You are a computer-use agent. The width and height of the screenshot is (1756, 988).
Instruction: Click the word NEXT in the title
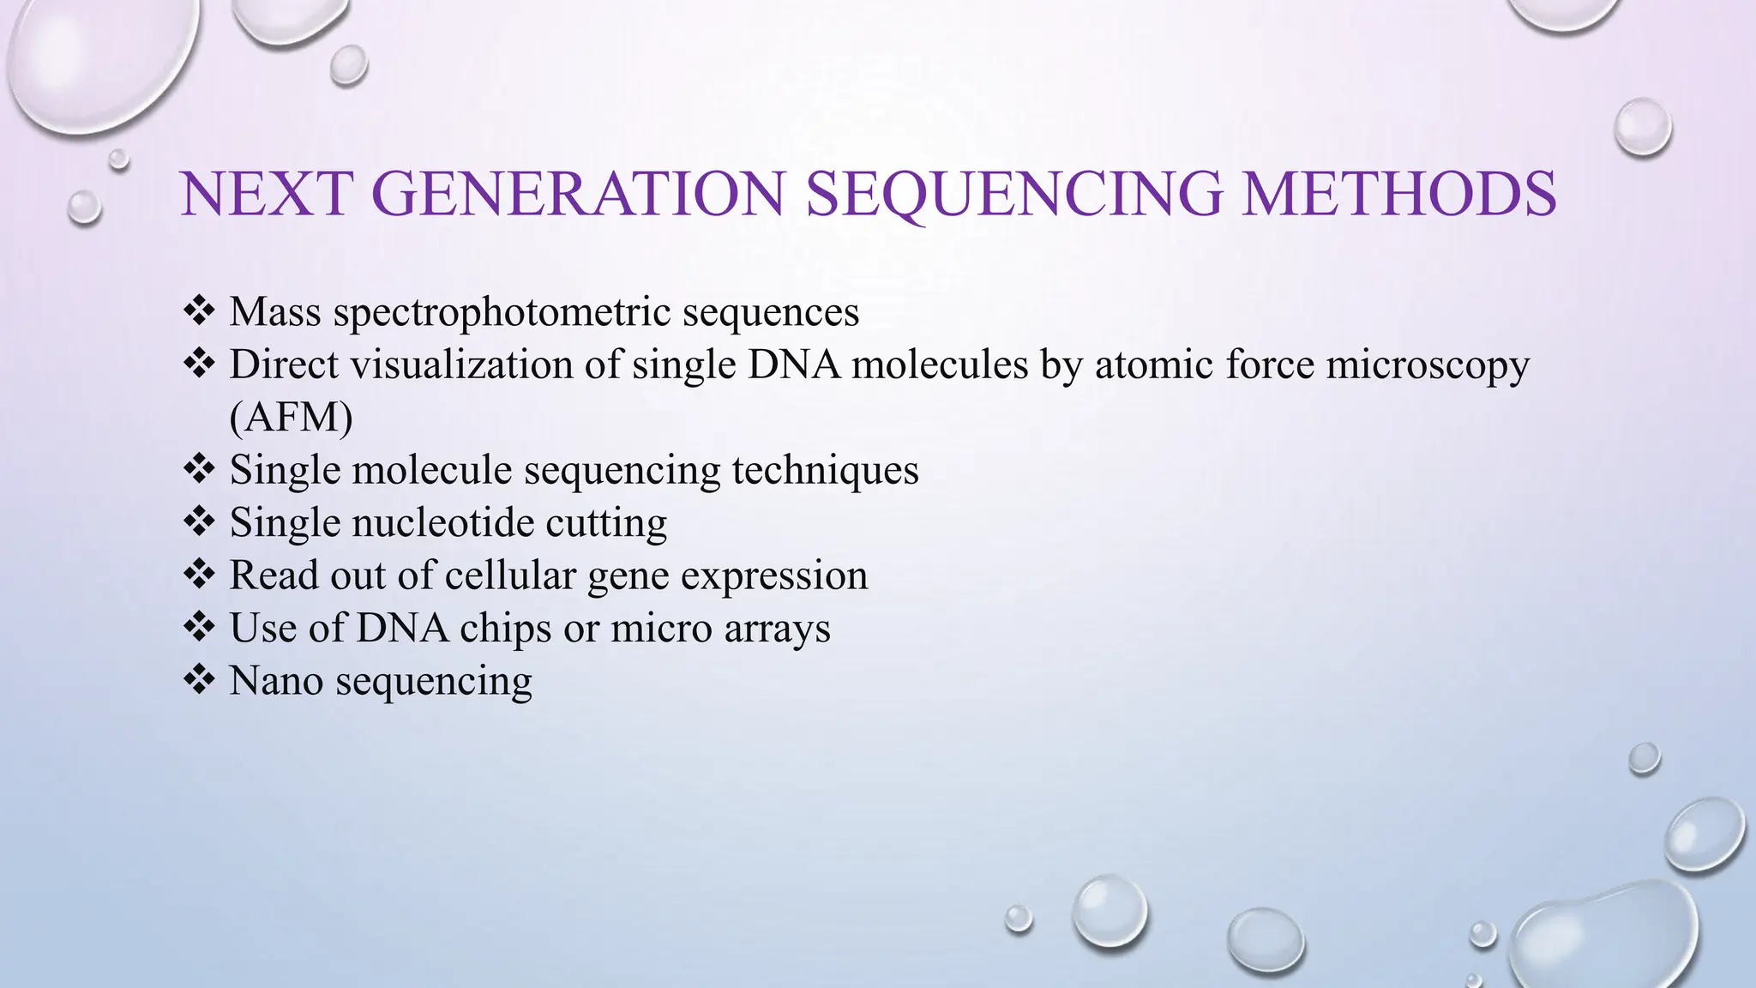267,194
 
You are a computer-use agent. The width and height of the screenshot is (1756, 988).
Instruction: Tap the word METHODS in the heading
1399,194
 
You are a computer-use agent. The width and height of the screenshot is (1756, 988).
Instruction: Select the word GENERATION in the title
579,194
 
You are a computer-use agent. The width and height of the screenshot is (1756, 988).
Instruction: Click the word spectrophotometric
502,312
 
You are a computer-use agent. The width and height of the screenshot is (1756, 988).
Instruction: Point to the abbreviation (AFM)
292,418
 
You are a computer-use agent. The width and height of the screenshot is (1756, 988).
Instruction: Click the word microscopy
1428,365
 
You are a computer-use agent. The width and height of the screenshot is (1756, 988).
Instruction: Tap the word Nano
275,682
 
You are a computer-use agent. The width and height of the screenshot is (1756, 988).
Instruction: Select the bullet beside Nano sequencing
199,682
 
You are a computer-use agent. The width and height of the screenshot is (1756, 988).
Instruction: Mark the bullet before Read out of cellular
199,575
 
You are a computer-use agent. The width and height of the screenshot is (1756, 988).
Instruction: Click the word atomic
1154,365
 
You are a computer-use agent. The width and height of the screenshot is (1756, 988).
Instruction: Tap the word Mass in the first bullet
275,312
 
